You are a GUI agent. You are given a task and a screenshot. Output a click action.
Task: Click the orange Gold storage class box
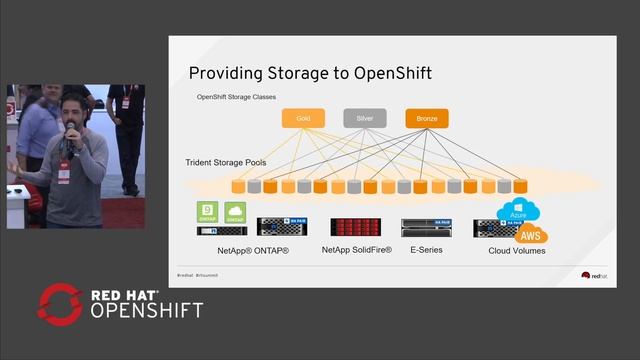pyautogui.click(x=303, y=118)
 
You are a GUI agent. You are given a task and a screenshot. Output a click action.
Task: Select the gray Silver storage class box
pyautogui.click(x=365, y=118)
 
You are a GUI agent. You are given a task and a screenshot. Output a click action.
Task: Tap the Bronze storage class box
pyautogui.click(x=427, y=118)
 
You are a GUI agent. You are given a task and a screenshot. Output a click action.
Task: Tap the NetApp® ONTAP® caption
pyautogui.click(x=244, y=249)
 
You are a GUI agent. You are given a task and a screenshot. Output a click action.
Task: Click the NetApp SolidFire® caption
pyautogui.click(x=357, y=249)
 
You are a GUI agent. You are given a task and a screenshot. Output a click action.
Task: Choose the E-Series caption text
pyautogui.click(x=427, y=249)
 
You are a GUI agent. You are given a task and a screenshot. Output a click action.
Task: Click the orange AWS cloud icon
pyautogui.click(x=531, y=234)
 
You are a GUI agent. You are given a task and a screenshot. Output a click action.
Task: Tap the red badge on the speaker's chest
pyautogui.click(x=64, y=173)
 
